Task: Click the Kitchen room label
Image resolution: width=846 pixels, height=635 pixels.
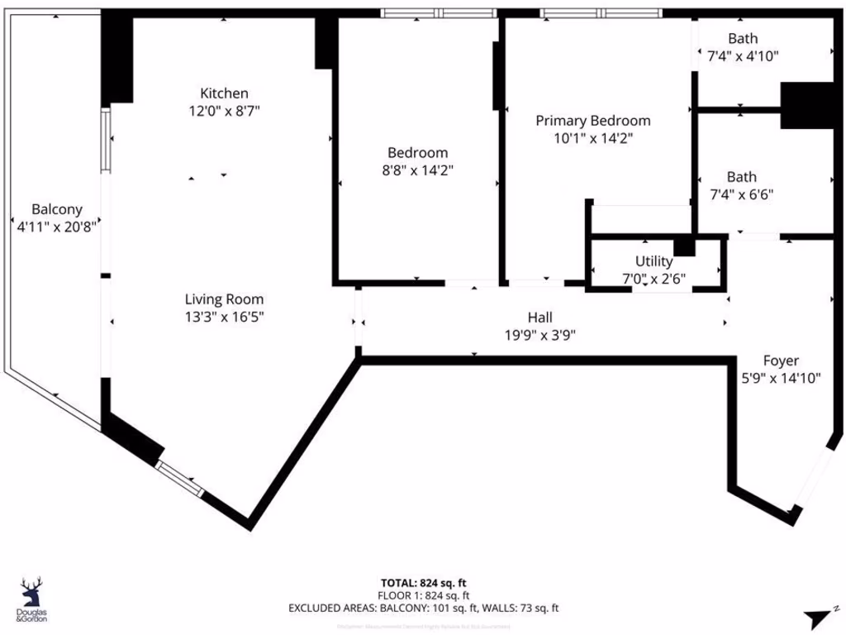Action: [224, 93]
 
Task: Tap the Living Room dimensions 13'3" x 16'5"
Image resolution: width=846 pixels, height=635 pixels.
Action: [224, 316]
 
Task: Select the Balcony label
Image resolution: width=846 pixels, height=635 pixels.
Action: [57, 209]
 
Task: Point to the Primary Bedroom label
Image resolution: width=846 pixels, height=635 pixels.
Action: [593, 121]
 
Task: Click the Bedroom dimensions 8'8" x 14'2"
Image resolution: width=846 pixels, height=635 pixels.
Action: [418, 169]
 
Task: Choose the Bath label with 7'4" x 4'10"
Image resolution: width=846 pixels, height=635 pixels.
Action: [742, 38]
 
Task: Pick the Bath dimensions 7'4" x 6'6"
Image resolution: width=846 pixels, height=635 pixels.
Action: [742, 194]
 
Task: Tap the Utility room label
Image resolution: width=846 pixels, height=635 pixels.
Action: [654, 262]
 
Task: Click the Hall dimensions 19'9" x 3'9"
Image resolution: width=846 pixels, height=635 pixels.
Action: [540, 335]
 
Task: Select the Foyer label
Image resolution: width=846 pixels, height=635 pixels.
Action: [780, 360]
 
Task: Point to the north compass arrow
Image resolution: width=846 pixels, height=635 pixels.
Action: [820, 616]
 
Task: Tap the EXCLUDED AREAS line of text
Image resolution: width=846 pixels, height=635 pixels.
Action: [423, 608]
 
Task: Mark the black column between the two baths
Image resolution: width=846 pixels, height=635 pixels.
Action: [806, 105]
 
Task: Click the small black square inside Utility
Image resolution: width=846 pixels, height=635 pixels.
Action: [684, 246]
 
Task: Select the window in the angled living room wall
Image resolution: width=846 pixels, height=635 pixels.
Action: [179, 479]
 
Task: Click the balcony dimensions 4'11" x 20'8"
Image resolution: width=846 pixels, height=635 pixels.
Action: [57, 226]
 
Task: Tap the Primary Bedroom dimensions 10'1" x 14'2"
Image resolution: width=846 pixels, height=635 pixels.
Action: [593, 138]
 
